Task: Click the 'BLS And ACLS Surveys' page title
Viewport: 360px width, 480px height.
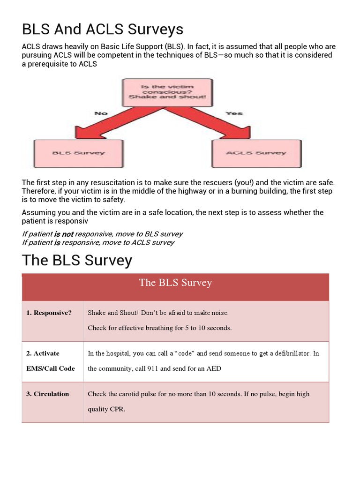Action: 103,30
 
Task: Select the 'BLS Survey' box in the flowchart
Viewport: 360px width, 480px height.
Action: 78,153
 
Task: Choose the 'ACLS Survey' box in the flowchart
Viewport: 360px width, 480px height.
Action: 256,153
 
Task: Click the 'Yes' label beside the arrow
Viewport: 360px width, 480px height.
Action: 234,113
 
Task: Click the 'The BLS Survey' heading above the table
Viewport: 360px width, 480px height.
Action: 77,261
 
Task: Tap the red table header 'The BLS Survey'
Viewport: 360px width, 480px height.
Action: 175,283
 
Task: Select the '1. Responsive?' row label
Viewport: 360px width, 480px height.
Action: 49,313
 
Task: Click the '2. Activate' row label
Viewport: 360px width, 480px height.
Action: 43,353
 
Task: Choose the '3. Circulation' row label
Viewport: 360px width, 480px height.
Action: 47,394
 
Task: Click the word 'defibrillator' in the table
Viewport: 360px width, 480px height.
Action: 286,353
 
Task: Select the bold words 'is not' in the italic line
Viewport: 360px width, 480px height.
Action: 64,234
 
